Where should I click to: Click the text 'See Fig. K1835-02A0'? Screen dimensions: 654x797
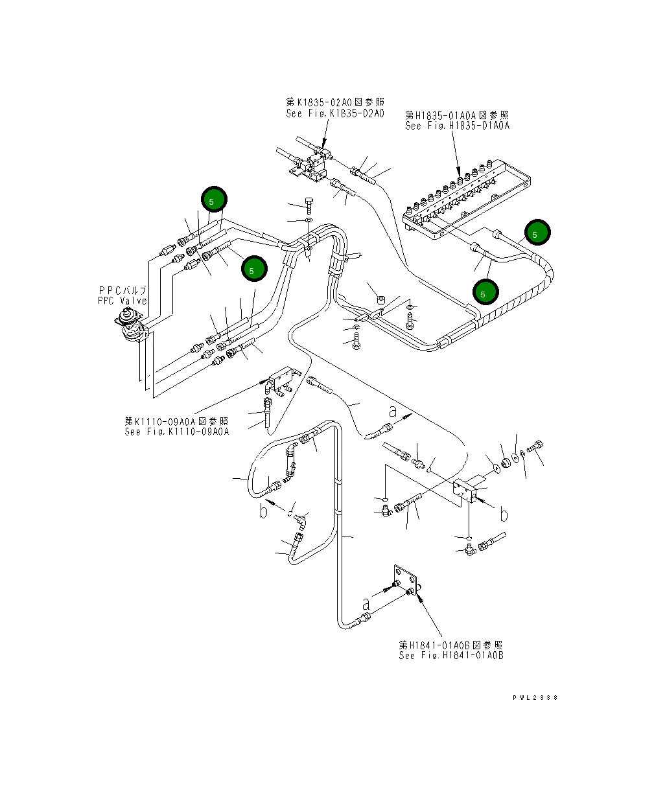point(335,113)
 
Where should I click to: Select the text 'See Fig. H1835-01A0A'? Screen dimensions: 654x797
point(458,126)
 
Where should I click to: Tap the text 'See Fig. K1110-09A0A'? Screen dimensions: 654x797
point(177,432)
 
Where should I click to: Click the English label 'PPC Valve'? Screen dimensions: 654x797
point(123,301)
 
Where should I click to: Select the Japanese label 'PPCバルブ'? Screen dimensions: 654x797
point(123,290)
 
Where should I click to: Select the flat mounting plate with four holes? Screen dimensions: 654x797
point(405,585)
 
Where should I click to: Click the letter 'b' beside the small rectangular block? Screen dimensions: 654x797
point(504,514)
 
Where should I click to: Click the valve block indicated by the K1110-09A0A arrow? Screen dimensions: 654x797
point(283,380)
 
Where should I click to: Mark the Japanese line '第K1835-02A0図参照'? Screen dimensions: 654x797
point(335,102)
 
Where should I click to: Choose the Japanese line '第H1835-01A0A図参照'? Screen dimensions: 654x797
point(458,115)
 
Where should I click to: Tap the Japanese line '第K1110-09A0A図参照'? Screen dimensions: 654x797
point(177,421)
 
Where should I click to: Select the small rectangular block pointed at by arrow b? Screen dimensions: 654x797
point(465,490)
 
